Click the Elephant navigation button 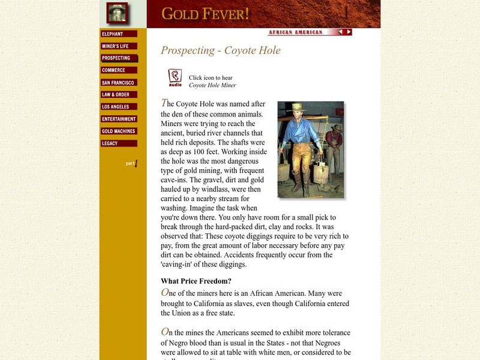(119, 34)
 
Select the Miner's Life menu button (119, 46)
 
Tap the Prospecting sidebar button (119, 58)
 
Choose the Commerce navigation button (119, 70)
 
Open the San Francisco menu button (119, 83)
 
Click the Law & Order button (119, 95)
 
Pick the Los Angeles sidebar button (119, 107)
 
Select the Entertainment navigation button (119, 119)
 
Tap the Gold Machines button (119, 131)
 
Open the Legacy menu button (119, 143)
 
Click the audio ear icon (175, 78)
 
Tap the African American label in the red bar (295, 32)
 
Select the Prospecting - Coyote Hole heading (221, 50)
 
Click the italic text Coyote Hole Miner (212, 85)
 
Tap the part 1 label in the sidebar (131, 163)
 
